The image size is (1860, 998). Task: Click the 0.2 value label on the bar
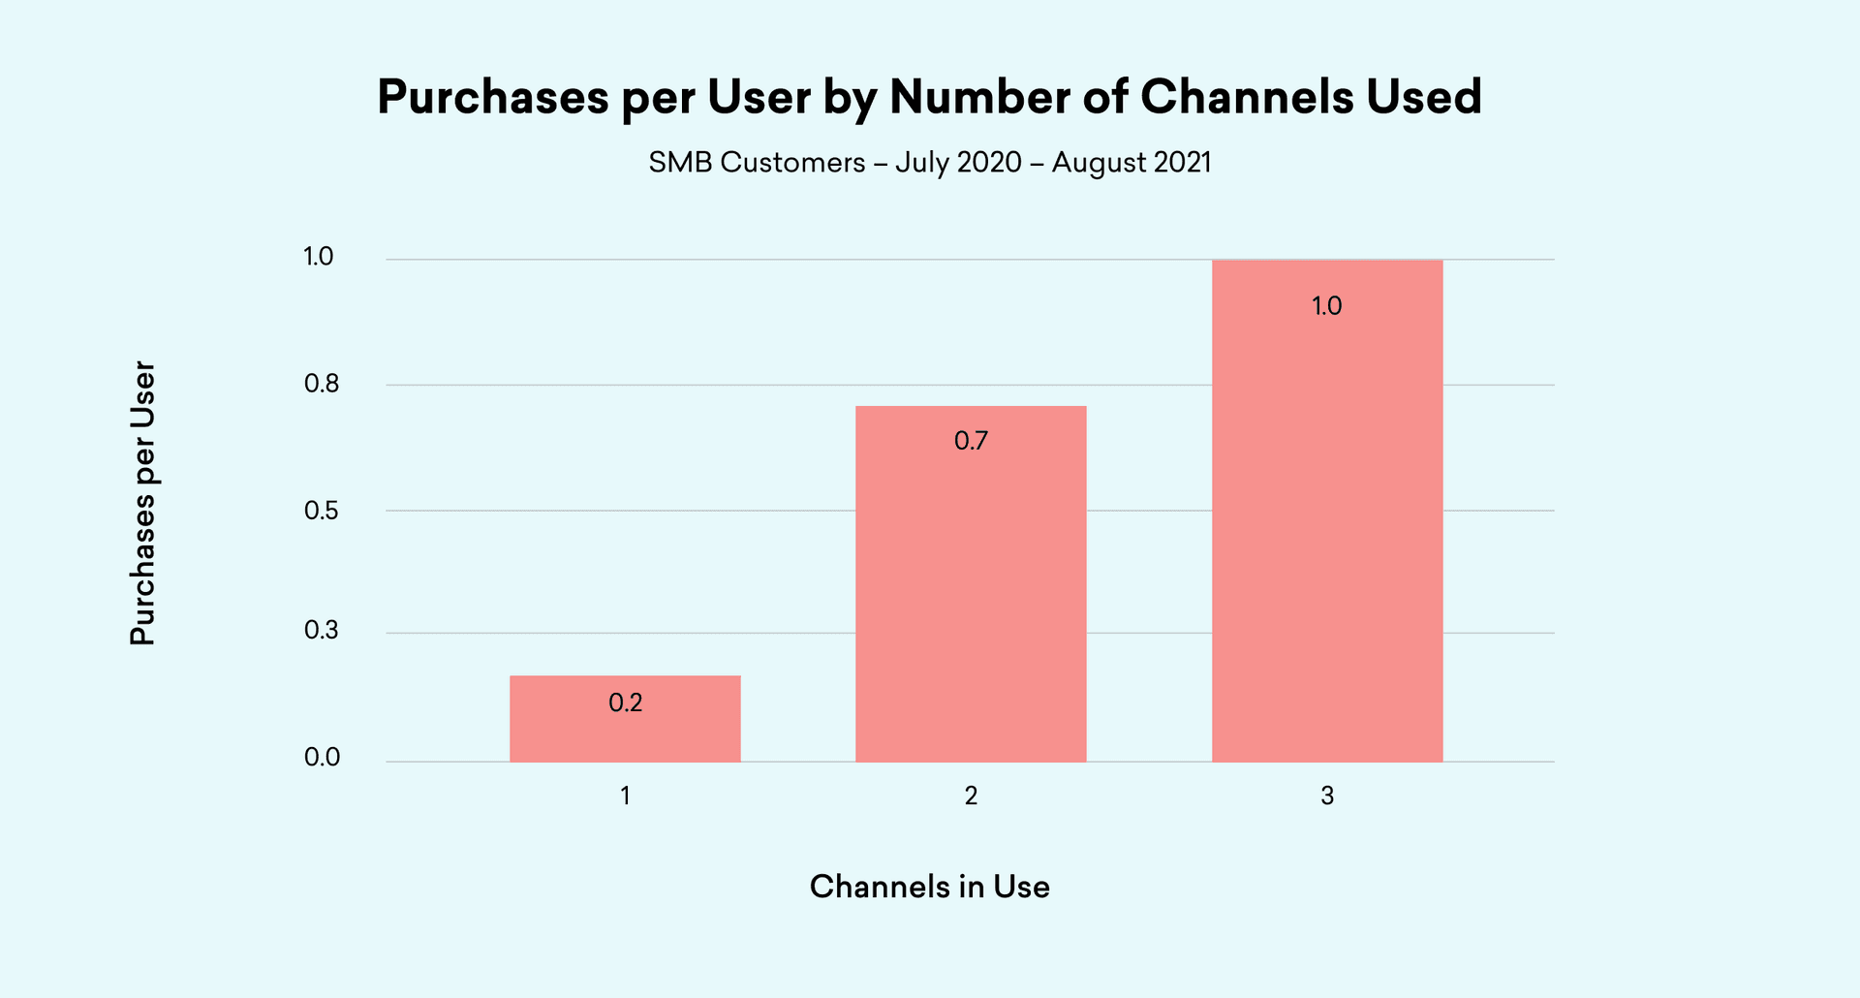click(x=626, y=702)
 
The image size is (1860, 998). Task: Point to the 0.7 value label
click(x=971, y=441)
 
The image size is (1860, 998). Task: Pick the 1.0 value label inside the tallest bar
click(x=1326, y=306)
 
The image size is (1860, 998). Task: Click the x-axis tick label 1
click(x=626, y=795)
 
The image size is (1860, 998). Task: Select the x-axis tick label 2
click(x=971, y=795)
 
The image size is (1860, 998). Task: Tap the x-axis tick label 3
click(x=1327, y=795)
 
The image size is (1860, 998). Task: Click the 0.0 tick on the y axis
click(x=322, y=758)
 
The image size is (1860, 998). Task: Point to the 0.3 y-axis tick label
click(x=322, y=631)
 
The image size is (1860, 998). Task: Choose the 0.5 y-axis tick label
click(x=322, y=511)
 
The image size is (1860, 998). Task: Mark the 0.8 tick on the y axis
click(x=322, y=384)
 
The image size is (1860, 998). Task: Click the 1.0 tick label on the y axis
click(x=318, y=257)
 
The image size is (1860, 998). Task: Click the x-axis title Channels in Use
click(x=929, y=887)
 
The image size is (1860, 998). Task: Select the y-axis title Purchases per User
click(x=142, y=503)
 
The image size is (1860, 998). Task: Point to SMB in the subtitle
click(x=680, y=162)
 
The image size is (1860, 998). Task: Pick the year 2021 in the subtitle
click(x=1183, y=162)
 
